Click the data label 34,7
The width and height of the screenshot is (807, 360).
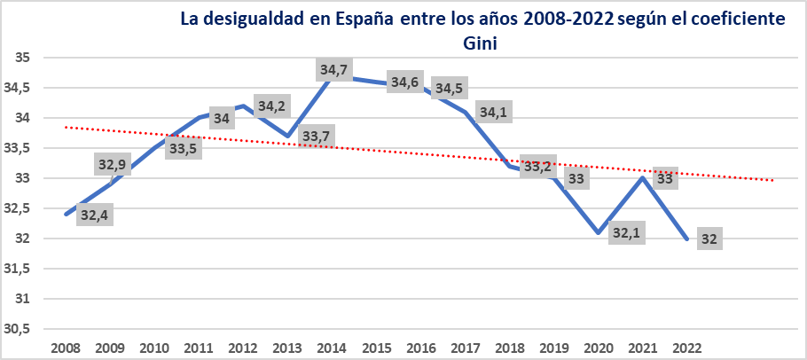[x=333, y=68]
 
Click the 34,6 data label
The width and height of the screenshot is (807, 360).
[x=404, y=82]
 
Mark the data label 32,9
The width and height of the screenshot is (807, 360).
[x=112, y=165]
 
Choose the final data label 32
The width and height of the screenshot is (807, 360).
[x=709, y=239]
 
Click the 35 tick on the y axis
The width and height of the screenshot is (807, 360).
[x=23, y=58]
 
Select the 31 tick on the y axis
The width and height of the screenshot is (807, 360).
[x=23, y=299]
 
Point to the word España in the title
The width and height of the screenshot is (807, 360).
[x=356, y=19]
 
